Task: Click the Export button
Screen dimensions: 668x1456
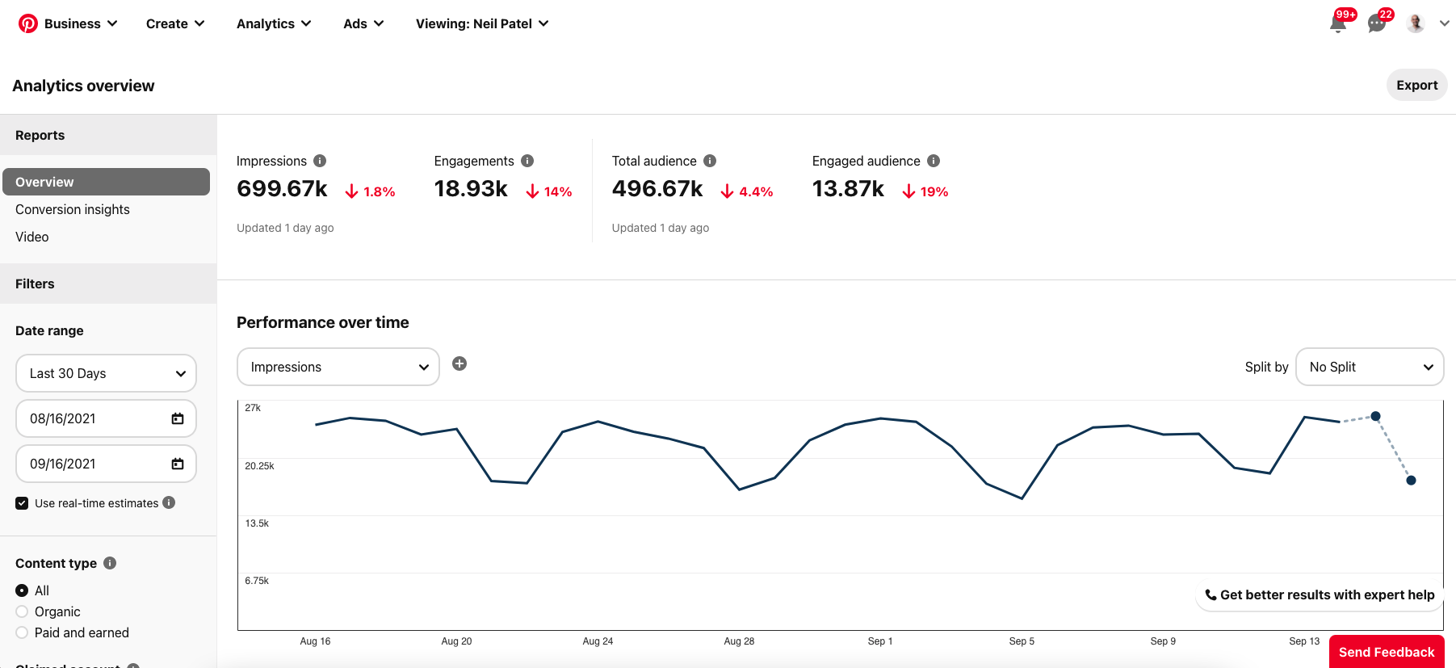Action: [1416, 86]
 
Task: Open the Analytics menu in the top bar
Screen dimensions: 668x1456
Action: [273, 23]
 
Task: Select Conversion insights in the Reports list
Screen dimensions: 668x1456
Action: [73, 209]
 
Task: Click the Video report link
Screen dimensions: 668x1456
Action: [32, 237]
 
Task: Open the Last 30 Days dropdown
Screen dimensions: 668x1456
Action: [106, 373]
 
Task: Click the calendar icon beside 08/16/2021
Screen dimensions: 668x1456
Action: [178, 418]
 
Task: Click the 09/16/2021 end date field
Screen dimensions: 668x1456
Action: [89, 464]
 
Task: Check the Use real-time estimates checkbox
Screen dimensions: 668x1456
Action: [22, 503]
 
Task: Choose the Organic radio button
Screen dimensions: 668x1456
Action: [22, 611]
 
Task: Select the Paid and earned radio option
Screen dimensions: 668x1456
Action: [22, 632]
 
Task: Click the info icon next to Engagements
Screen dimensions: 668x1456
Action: [527, 161]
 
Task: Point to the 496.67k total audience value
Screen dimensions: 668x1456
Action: [657, 189]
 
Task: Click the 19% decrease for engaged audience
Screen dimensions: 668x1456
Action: [925, 191]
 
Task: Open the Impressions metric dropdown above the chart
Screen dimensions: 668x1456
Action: [338, 367]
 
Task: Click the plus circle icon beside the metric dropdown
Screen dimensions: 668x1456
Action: [459, 363]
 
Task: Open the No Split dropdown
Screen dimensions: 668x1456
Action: [1369, 367]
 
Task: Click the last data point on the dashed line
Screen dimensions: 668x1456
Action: [1411, 481]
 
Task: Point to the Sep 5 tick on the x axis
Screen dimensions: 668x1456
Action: [1022, 641]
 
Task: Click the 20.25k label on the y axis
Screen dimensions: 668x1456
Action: [259, 466]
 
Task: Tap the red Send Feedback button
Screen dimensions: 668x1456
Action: [1386, 652]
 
